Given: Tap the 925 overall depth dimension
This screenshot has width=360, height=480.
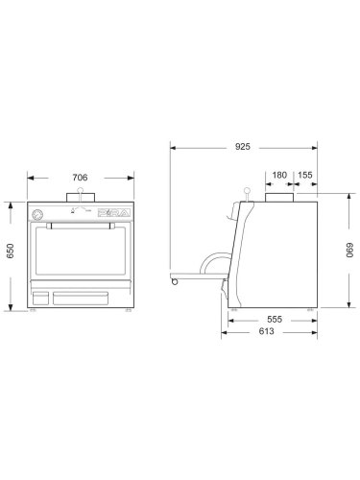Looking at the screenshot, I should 242,147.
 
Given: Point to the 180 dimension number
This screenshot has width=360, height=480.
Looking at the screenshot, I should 278,176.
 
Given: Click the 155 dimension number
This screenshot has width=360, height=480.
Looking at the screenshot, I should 304,176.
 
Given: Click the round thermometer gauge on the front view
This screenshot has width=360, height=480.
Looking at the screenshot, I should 37,215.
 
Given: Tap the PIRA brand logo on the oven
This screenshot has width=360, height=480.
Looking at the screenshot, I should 111,215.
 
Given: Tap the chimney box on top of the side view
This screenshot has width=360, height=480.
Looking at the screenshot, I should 279,199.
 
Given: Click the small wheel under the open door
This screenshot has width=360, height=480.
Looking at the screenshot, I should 173,280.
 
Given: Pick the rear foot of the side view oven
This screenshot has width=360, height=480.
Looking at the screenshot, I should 307,310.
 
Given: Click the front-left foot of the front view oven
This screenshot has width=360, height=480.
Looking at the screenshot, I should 34,311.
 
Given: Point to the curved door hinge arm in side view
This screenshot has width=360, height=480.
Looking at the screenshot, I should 219,256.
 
